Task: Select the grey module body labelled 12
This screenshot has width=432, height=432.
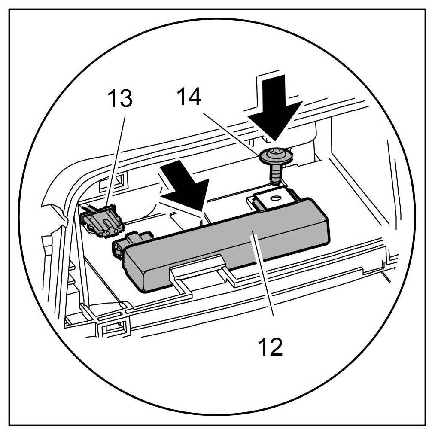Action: coord(223,249)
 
